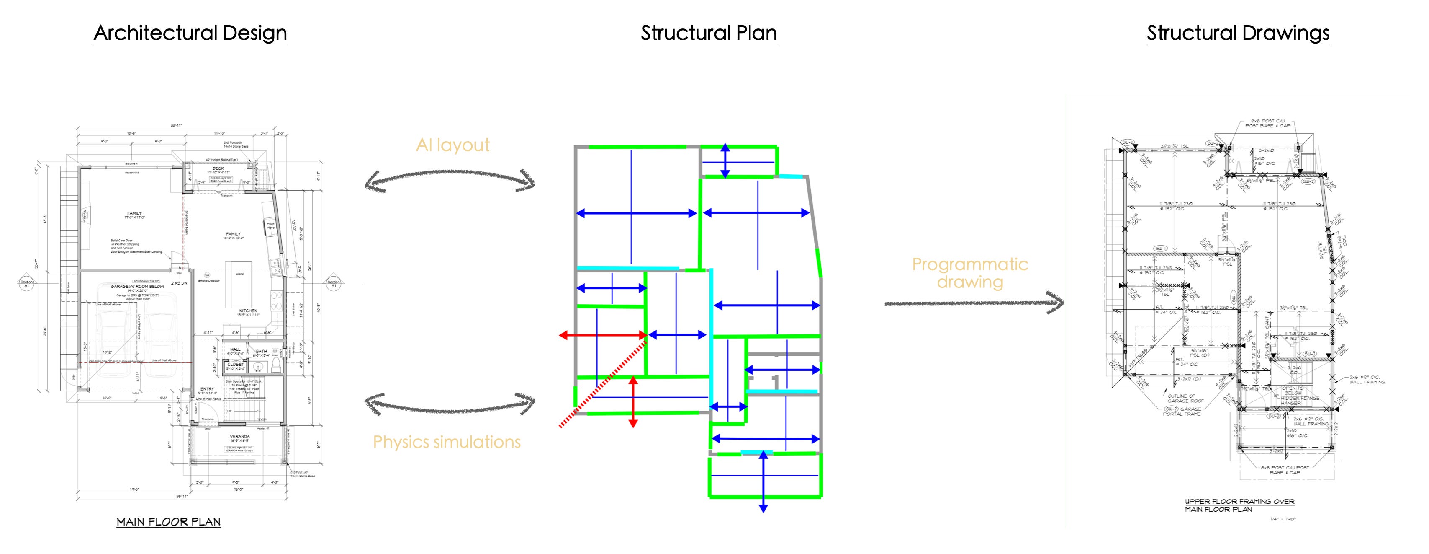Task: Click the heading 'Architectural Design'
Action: pyautogui.click(x=190, y=33)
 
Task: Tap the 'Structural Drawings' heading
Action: pyautogui.click(x=1238, y=33)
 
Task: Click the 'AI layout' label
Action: pyautogui.click(x=452, y=145)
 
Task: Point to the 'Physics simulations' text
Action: pyautogui.click(x=447, y=442)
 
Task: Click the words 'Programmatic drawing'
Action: pyautogui.click(x=970, y=272)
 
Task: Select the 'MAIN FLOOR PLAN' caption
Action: pyautogui.click(x=169, y=522)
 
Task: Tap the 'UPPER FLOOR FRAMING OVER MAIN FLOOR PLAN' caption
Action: pyautogui.click(x=1239, y=505)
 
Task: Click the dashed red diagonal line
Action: pyautogui.click(x=603, y=384)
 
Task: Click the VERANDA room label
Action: pyautogui.click(x=240, y=436)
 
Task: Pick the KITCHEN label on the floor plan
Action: pyautogui.click(x=248, y=311)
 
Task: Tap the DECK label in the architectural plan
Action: pyautogui.click(x=218, y=168)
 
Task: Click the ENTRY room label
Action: pyautogui.click(x=207, y=388)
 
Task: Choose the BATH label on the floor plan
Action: pyautogui.click(x=261, y=351)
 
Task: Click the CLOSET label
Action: pyautogui.click(x=235, y=364)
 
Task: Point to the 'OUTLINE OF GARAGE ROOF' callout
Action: pyautogui.click(x=1182, y=398)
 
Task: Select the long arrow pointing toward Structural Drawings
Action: pyautogui.click(x=974, y=303)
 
